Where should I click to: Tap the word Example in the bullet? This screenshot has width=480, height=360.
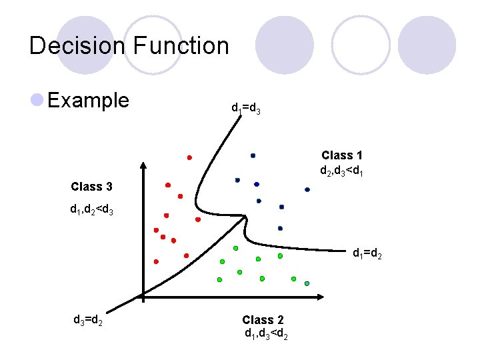(x=89, y=101)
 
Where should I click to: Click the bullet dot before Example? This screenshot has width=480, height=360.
(x=37, y=101)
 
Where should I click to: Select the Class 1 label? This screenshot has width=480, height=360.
(x=342, y=156)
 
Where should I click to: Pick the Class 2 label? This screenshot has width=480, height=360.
(x=263, y=320)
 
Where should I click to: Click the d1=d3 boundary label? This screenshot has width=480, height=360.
(x=245, y=108)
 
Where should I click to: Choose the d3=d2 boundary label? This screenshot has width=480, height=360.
(x=87, y=319)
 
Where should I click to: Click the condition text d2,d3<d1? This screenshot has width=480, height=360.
(x=341, y=171)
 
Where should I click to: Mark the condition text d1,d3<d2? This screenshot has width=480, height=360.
(x=266, y=333)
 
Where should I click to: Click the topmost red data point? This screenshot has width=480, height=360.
(x=189, y=157)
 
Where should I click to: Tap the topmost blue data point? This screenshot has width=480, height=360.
(x=253, y=155)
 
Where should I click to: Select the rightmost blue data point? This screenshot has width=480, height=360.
(x=307, y=189)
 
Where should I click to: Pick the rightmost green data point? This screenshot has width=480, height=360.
(x=307, y=283)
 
